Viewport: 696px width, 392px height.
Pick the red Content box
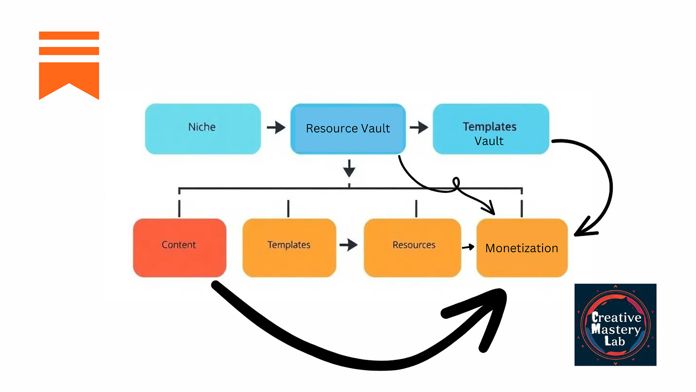[179, 247]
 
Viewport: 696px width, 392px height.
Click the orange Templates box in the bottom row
[289, 247]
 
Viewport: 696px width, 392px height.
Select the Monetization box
[522, 247]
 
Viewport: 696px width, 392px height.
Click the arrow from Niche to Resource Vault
[276, 128]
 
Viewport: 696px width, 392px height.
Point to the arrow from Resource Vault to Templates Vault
[419, 128]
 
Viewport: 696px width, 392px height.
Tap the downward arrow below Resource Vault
[349, 168]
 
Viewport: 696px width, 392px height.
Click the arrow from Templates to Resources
[349, 246]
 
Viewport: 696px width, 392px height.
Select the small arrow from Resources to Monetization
[468, 247]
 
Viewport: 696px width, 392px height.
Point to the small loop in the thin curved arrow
[457, 184]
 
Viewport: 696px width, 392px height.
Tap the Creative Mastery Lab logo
[615, 325]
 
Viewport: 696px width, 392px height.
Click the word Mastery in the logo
[616, 329]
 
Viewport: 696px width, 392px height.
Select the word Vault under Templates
[489, 141]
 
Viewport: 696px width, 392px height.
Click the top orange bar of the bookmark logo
[69, 35]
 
